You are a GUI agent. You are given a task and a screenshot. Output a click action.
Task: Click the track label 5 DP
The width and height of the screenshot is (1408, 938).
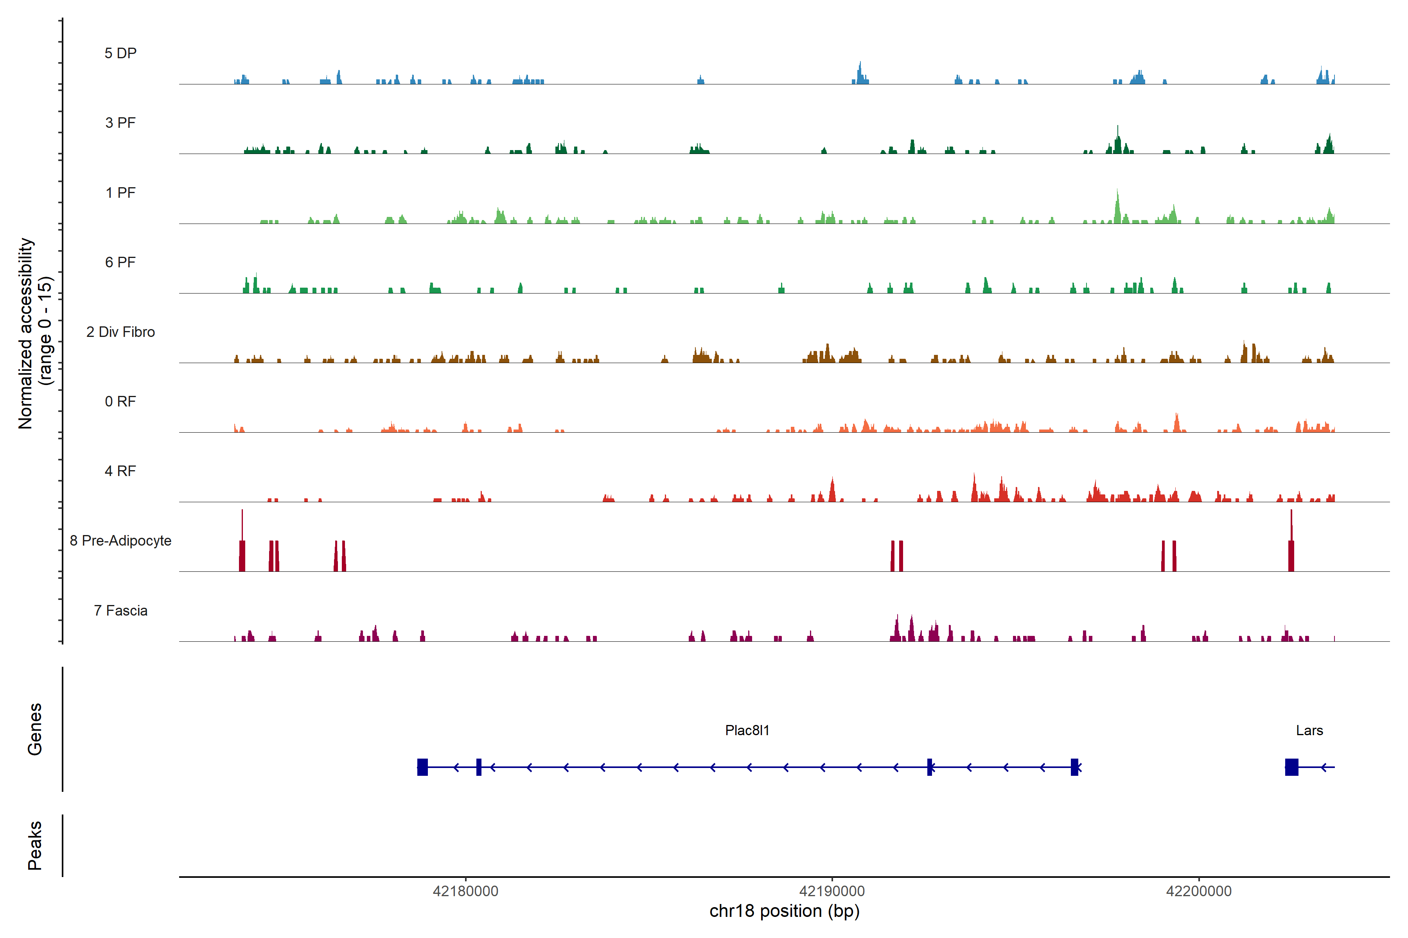coord(120,53)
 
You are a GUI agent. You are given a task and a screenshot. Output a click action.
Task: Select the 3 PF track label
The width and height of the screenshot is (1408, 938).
coord(120,123)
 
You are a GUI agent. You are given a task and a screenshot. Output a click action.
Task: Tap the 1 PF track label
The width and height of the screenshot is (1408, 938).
coord(120,193)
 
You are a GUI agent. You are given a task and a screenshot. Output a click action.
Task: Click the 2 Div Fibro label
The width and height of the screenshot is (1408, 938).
coord(120,332)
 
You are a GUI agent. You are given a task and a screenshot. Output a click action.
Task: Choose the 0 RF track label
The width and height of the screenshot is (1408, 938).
coord(120,401)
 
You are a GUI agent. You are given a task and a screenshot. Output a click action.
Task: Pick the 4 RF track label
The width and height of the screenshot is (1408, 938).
coord(120,471)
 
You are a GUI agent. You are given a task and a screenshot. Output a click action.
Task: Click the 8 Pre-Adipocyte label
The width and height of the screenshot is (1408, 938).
coord(120,541)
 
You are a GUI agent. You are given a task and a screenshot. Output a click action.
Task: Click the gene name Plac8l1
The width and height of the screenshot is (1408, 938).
coord(747,730)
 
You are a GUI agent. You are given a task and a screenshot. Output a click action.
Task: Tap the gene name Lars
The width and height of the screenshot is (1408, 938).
coord(1309,730)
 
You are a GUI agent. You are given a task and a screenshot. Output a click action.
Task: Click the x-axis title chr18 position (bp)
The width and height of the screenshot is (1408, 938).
coord(784,911)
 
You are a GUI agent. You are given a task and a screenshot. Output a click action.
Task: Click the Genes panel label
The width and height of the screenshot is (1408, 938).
coord(35,729)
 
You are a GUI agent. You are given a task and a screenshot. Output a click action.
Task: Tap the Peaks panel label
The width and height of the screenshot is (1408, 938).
coord(35,845)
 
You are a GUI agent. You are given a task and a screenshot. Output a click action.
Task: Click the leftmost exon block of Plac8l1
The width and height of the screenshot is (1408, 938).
coord(423,767)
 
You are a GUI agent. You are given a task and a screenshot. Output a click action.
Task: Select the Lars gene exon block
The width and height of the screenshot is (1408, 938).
coord(1291,767)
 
